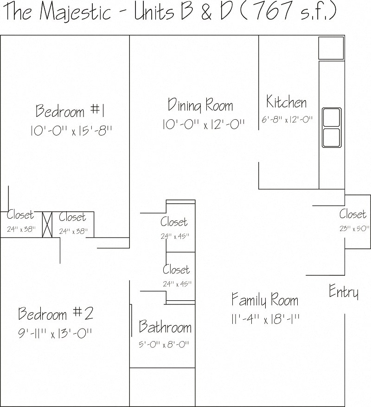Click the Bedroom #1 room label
(x=70, y=111)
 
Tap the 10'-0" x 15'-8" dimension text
(x=71, y=130)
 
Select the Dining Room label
(x=200, y=105)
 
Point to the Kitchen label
(x=286, y=102)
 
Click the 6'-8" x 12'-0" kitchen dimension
(x=287, y=119)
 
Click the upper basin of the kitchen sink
(x=331, y=117)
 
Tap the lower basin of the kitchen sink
(x=331, y=137)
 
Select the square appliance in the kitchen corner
(x=331, y=48)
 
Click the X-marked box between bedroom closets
(x=47, y=225)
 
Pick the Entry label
(x=344, y=291)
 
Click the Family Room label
(x=265, y=300)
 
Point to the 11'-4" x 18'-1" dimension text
(x=265, y=319)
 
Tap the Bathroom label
(x=165, y=327)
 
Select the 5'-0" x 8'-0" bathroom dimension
(x=164, y=345)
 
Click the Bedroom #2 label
(x=56, y=313)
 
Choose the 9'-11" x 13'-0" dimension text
(x=55, y=334)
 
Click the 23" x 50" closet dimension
(x=354, y=228)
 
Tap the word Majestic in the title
(x=76, y=12)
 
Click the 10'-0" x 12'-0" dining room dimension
(x=204, y=124)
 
